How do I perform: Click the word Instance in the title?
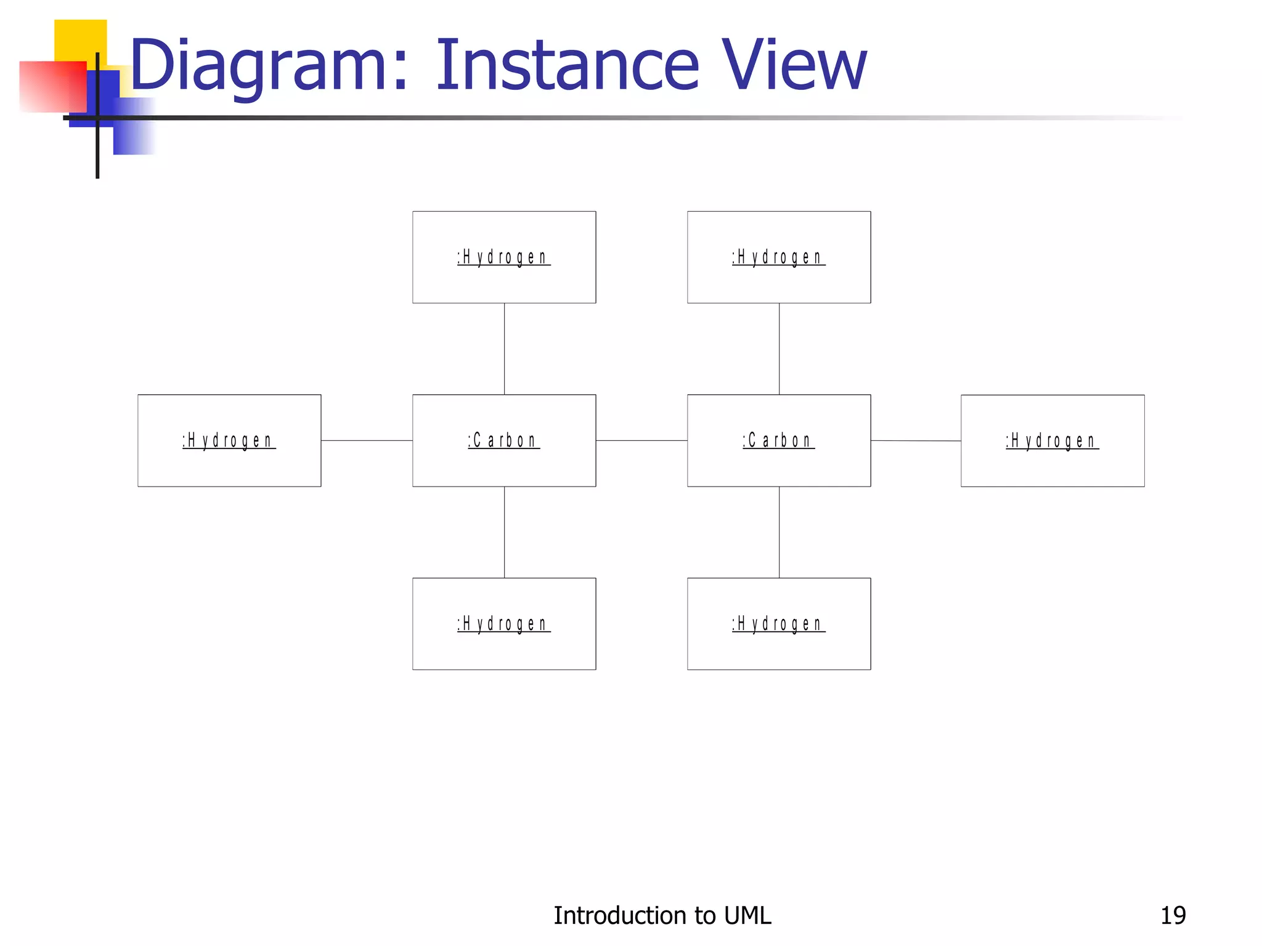coord(567,65)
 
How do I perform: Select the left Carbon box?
coord(503,440)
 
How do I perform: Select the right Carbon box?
coord(778,440)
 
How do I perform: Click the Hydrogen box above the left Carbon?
coord(503,257)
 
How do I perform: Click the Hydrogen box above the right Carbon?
coord(778,257)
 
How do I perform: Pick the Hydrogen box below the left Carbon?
coord(503,623)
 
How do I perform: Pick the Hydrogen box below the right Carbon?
coord(778,623)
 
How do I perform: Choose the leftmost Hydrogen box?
coord(229,440)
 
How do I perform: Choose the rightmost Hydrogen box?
coord(1052,440)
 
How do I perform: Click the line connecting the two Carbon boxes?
coord(641,440)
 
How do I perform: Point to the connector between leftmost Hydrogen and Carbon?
coord(367,440)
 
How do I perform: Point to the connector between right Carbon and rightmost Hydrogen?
coord(916,440)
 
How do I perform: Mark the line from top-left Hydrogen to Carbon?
coord(504,349)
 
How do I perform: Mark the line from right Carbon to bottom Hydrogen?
coord(779,532)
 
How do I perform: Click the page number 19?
coord(1173,915)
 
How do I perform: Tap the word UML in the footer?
coord(747,915)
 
